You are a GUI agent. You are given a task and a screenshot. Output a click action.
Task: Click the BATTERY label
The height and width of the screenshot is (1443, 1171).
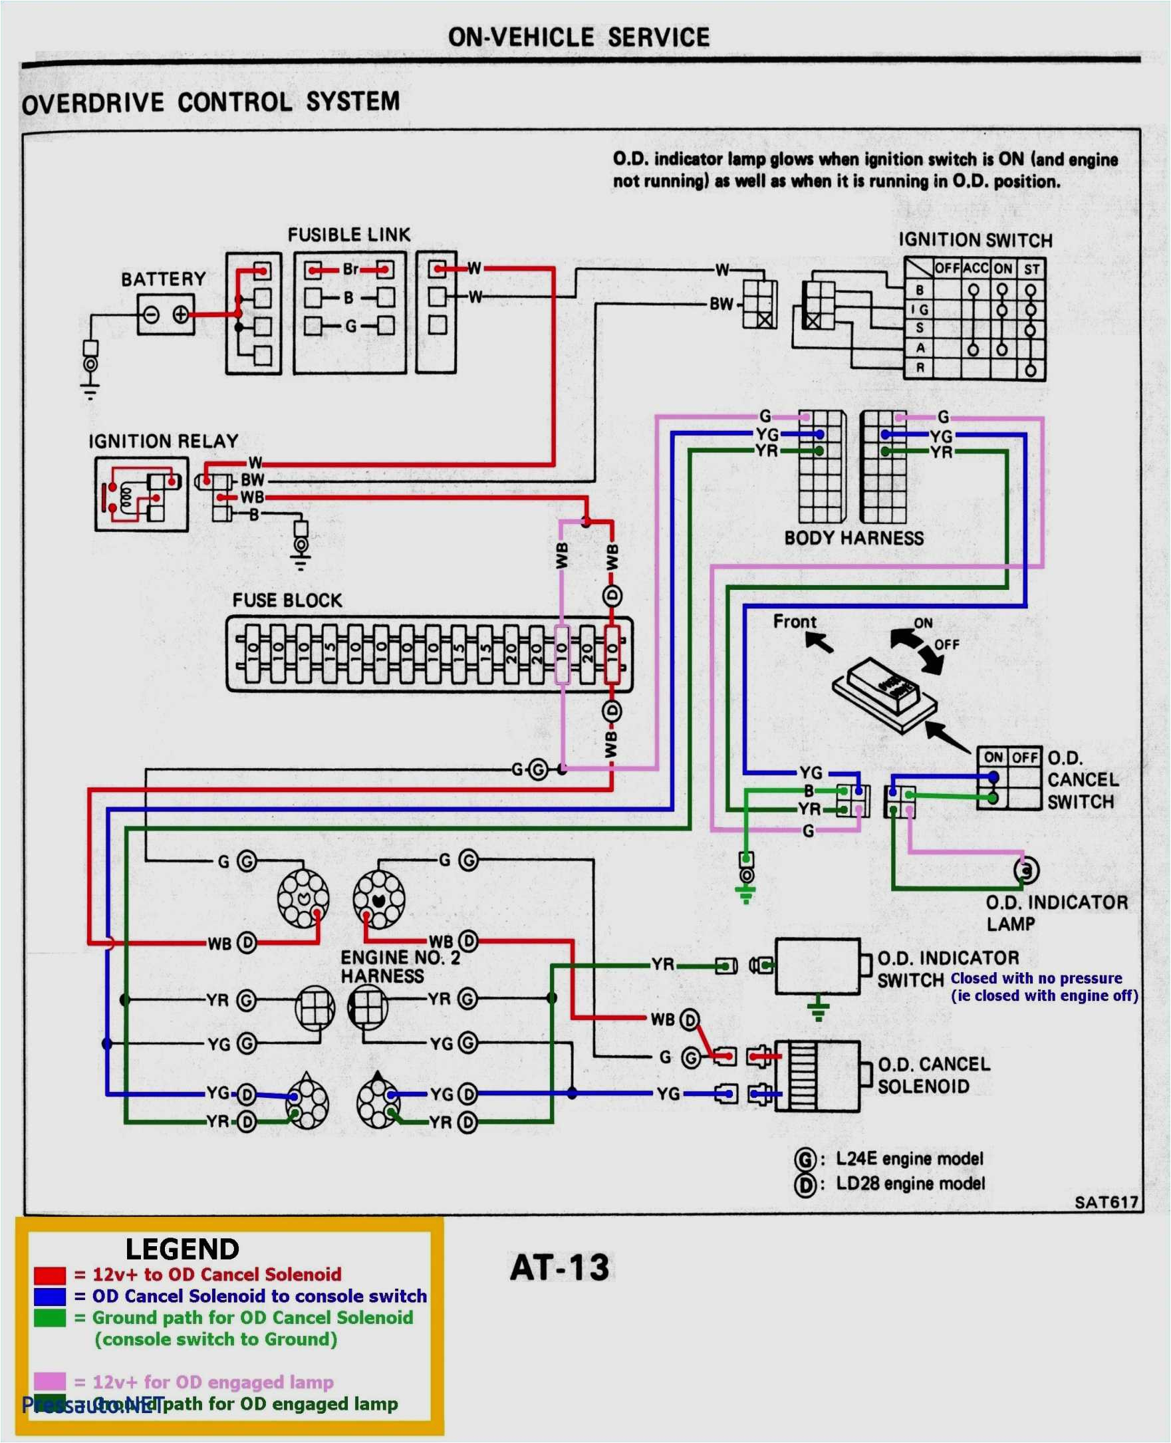[163, 279]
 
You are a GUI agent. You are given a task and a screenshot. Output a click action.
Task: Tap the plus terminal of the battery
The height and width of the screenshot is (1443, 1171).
[181, 315]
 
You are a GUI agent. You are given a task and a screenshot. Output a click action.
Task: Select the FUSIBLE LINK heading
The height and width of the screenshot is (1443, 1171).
[348, 235]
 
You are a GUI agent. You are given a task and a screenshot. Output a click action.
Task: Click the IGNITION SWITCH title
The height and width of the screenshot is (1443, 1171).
[975, 240]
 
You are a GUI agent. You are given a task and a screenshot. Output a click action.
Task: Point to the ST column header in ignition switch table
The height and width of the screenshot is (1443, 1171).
[1031, 269]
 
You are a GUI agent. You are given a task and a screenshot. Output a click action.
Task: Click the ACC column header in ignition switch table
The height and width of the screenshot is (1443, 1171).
[976, 269]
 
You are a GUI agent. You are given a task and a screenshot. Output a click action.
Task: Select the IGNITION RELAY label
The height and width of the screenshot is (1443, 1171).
[163, 441]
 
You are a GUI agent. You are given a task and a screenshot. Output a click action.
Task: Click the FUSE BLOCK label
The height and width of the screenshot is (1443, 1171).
[287, 600]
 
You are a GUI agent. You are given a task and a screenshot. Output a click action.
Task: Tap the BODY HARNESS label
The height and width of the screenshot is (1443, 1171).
[853, 538]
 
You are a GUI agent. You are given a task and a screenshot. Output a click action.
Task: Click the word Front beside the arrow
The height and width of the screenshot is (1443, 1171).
[794, 621]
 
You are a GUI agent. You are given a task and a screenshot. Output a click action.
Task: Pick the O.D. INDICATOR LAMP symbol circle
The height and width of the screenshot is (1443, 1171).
[1026, 871]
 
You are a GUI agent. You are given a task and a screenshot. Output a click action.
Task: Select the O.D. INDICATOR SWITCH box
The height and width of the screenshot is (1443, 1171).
[817, 966]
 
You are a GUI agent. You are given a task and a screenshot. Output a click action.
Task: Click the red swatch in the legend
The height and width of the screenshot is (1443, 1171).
[49, 1275]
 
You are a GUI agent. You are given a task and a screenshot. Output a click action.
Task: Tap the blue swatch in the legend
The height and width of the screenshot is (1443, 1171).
[49, 1297]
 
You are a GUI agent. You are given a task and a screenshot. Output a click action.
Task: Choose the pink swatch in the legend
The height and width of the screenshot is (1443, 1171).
[49, 1381]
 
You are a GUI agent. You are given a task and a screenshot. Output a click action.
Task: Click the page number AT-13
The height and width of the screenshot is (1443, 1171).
[559, 1267]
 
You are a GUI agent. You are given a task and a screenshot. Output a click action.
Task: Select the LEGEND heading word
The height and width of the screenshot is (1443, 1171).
[182, 1249]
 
